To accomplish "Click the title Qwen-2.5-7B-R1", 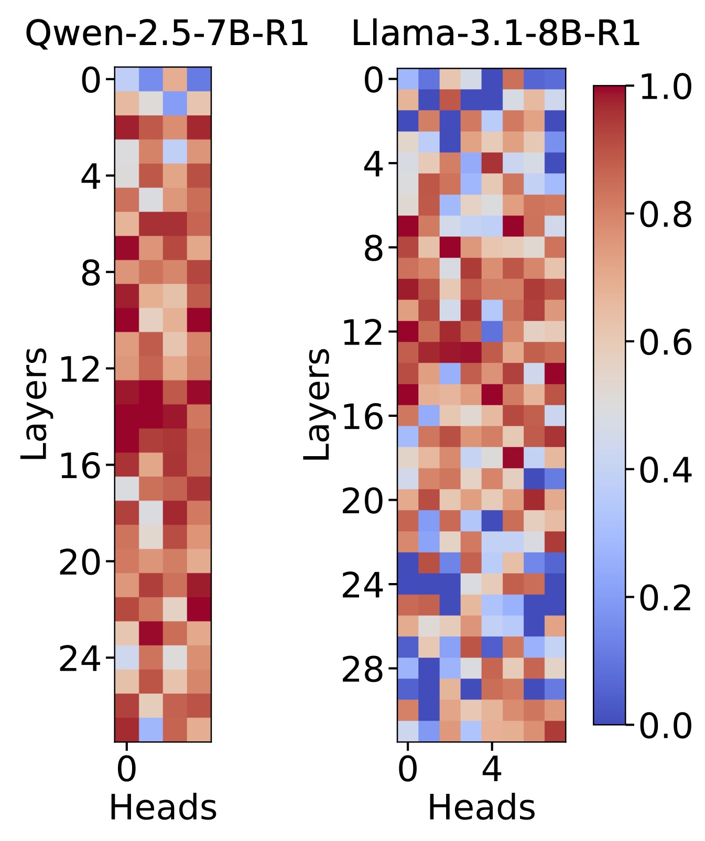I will [167, 35].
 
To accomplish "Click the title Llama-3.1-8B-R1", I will [495, 35].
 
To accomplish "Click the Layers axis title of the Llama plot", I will [318, 404].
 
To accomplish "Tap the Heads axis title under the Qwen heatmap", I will [162, 807].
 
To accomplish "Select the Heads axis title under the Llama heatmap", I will [481, 807].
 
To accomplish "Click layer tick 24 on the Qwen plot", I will [79, 659].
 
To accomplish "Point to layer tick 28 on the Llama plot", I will [362, 669].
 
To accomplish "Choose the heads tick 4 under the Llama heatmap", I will [492, 770].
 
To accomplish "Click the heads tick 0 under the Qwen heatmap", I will [126, 770].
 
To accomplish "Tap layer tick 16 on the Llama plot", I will [362, 417].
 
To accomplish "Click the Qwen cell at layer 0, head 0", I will [126, 79].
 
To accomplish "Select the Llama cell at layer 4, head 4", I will [492, 163].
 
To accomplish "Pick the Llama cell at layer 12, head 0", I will [408, 331].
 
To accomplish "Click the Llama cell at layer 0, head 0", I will [408, 79].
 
